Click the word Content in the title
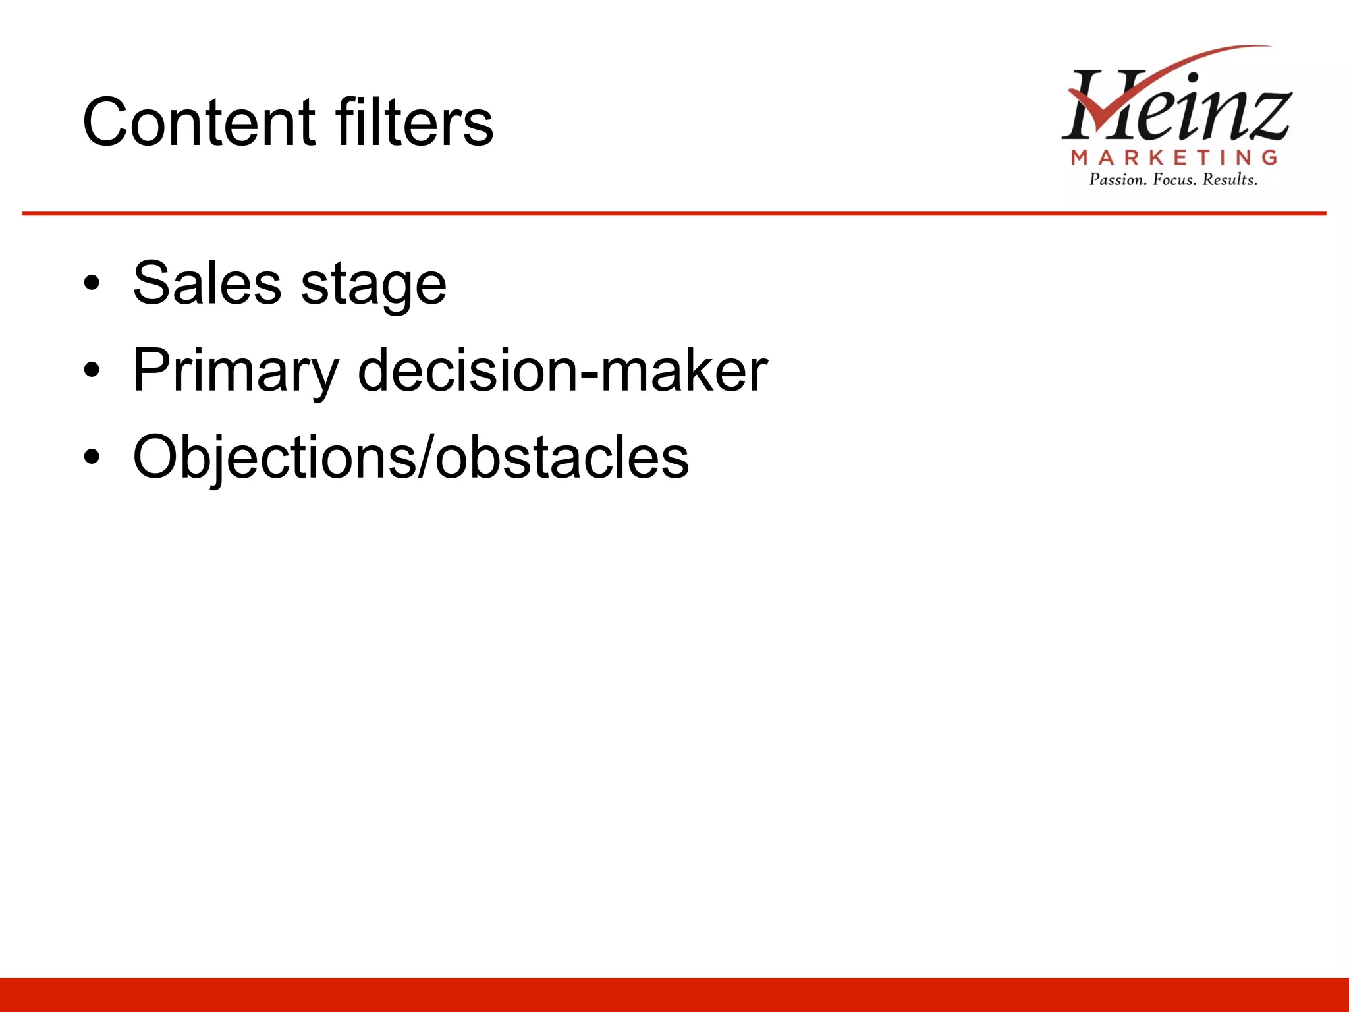198,123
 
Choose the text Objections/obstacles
410,457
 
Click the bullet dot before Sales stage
92,284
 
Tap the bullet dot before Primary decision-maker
92,370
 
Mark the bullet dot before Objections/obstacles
92,457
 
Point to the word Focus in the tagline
1174,180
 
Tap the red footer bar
674,995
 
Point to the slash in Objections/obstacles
426,457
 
